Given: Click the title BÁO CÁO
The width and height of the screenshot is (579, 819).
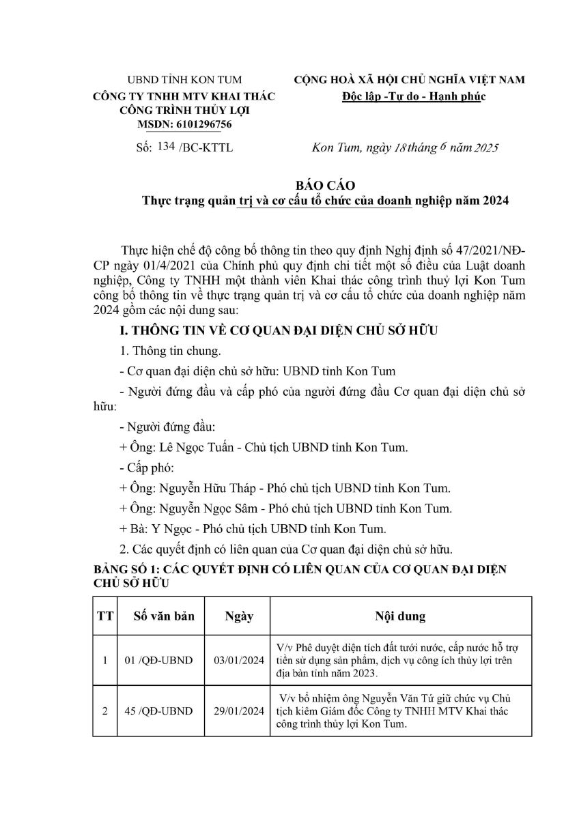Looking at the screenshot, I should click(x=325, y=185).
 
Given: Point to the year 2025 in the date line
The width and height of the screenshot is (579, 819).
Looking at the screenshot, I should click(x=486, y=147).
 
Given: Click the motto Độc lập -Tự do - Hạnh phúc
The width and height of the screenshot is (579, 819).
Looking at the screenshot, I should click(x=413, y=96).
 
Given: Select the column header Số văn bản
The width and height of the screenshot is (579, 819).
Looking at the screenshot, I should click(x=164, y=616).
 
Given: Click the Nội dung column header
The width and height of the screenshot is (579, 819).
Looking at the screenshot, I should click(x=400, y=616).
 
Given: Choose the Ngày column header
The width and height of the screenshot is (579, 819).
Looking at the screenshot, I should click(x=239, y=616).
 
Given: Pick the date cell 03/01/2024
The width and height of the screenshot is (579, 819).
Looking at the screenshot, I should click(x=239, y=661).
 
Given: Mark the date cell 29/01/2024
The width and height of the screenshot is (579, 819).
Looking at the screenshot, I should click(x=239, y=711).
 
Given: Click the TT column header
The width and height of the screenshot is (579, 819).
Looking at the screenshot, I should click(x=105, y=616).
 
